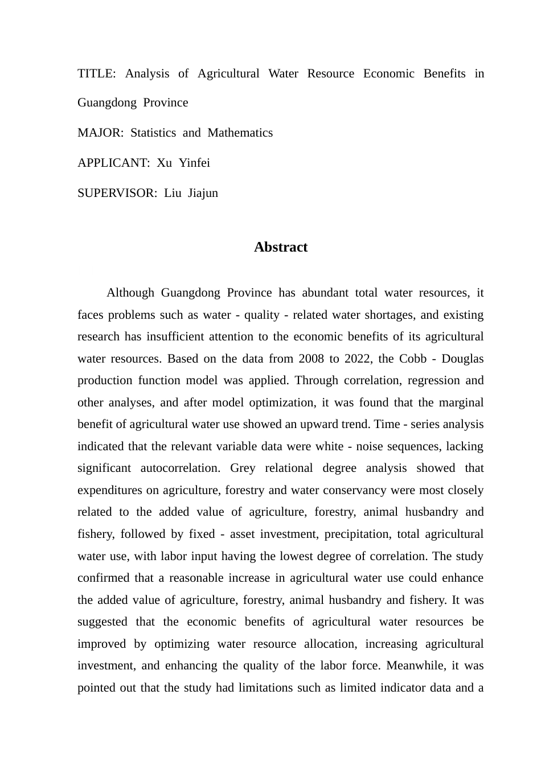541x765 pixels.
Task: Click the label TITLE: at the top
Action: pyautogui.click(x=97, y=74)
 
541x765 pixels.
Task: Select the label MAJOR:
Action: pyautogui.click(x=100, y=133)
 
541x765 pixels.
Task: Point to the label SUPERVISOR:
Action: pyautogui.click(x=117, y=194)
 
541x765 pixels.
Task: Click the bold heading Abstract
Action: pyautogui.click(x=281, y=248)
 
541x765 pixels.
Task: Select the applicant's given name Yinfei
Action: pyautogui.click(x=194, y=163)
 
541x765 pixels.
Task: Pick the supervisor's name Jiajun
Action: pyautogui.click(x=203, y=194)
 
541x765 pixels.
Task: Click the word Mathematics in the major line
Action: pyautogui.click(x=240, y=133)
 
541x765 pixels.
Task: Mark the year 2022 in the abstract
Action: pyautogui.click(x=359, y=359)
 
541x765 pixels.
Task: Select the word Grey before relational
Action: pyautogui.click(x=243, y=468)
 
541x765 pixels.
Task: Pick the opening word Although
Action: pyautogui.click(x=130, y=293)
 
